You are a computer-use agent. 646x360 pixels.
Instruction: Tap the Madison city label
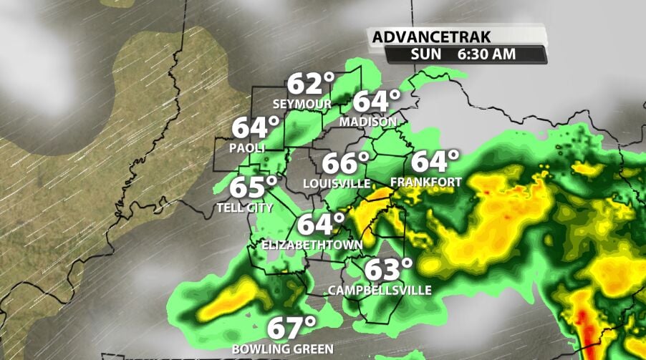pyautogui.click(x=367, y=121)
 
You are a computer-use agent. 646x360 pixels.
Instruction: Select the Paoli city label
pyautogui.click(x=247, y=147)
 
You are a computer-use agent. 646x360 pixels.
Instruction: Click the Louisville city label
pyautogui.click(x=336, y=183)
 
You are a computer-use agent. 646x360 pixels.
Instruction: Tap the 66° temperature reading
pyautogui.click(x=345, y=163)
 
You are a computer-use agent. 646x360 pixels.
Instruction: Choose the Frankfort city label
pyautogui.click(x=425, y=182)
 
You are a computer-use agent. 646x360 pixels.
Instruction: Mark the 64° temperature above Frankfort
pyautogui.click(x=434, y=161)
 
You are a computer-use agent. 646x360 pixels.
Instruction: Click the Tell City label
pyautogui.click(x=245, y=208)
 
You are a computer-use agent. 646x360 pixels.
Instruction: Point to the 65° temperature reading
pyautogui.click(x=253, y=188)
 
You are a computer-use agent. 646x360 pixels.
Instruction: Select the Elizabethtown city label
pyautogui.click(x=312, y=244)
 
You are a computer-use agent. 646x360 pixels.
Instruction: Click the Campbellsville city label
pyautogui.click(x=380, y=290)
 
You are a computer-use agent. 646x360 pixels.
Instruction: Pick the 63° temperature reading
pyautogui.click(x=389, y=270)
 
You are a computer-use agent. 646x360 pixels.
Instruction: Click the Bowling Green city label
pyautogui.click(x=282, y=349)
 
